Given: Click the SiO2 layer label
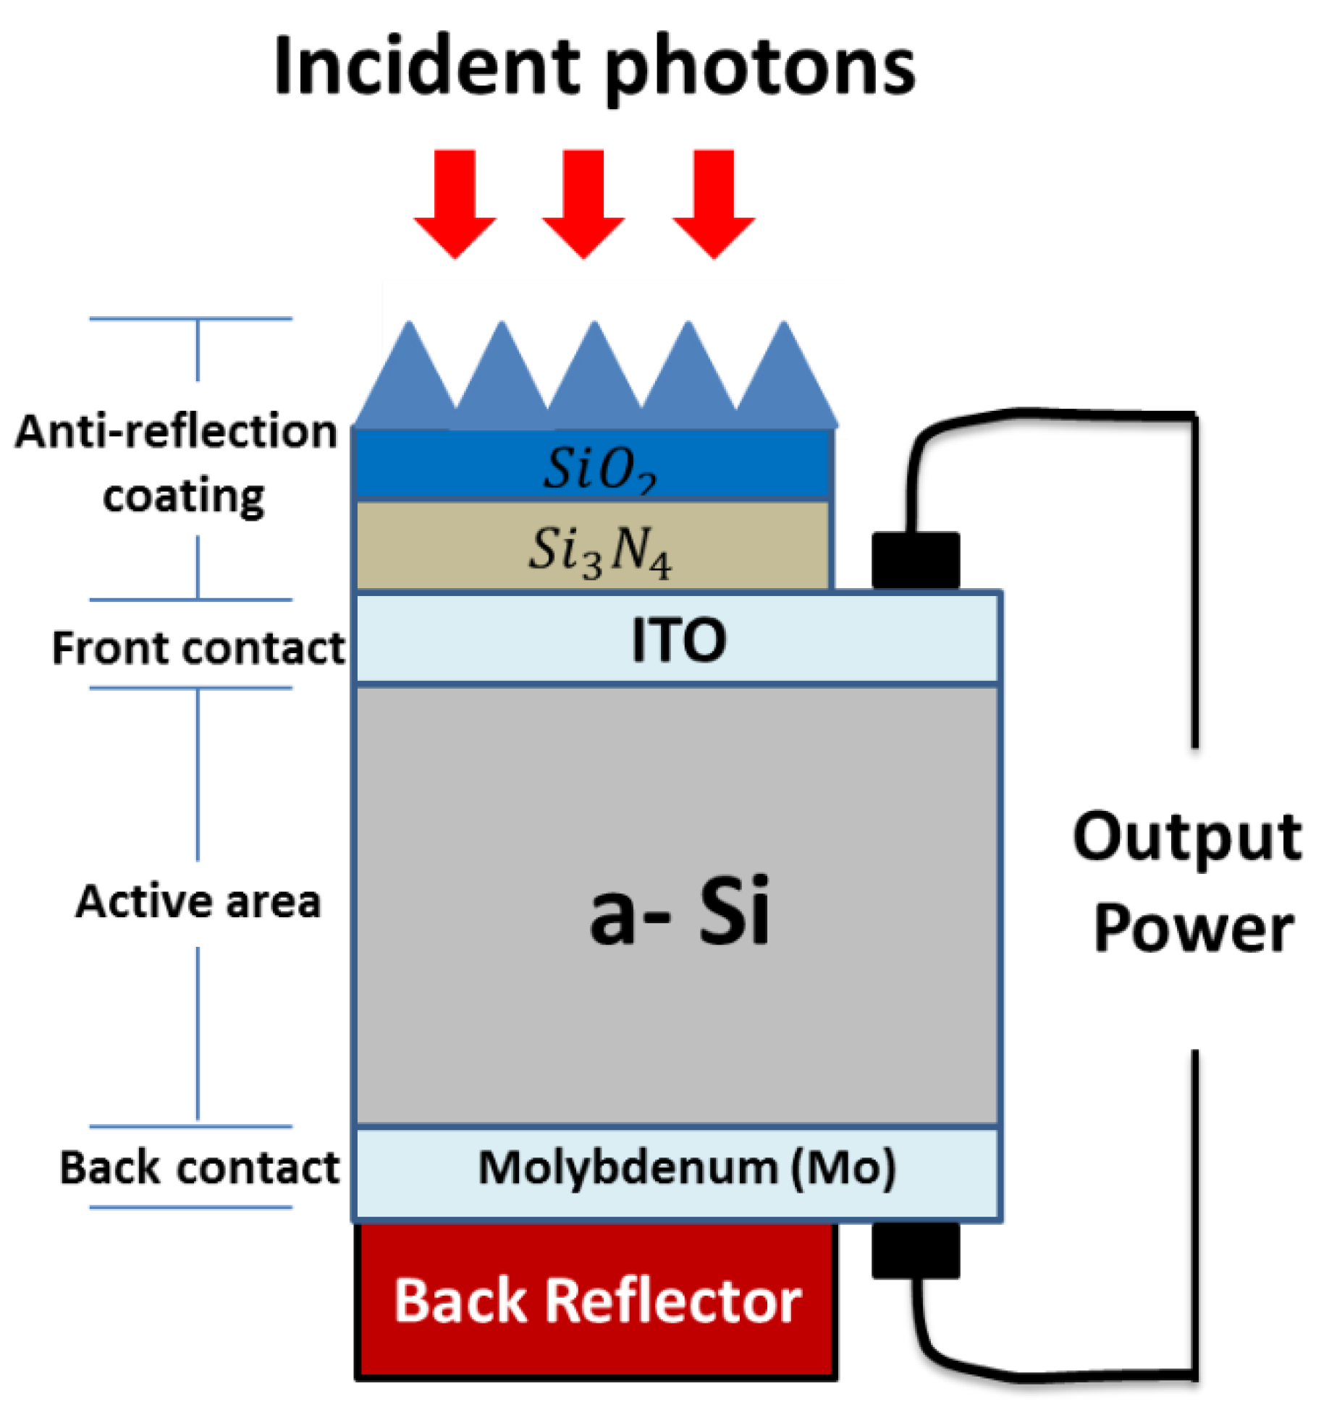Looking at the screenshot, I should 599,468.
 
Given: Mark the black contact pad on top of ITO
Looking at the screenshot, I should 915,561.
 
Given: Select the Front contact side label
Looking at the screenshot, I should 198,647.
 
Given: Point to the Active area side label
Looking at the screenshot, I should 198,901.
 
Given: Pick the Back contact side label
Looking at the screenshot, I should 199,1168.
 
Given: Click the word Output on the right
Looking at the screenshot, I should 1186,838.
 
